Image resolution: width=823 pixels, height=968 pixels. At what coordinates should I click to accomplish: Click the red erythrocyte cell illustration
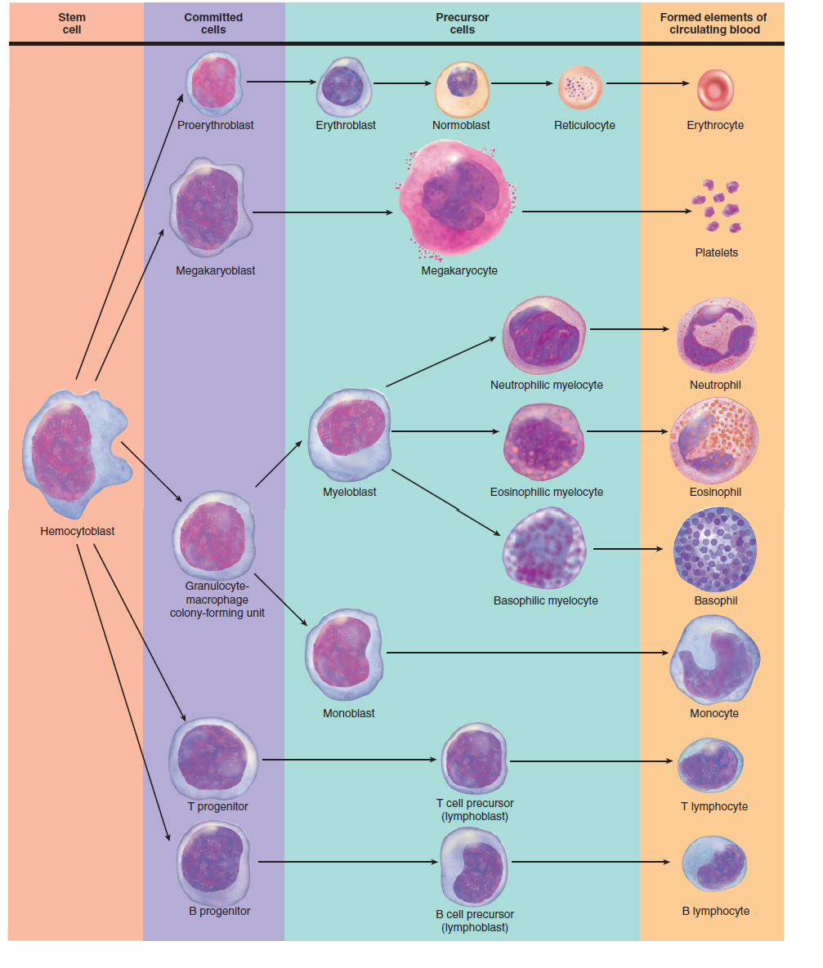pos(715,89)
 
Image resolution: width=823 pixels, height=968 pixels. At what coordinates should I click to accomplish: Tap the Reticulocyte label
pos(584,125)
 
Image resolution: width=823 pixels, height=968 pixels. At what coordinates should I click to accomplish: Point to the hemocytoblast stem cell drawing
pos(72,452)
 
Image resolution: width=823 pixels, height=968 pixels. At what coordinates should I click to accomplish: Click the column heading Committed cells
pos(213,23)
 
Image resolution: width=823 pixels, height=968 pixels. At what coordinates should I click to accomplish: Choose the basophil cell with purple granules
pos(715,549)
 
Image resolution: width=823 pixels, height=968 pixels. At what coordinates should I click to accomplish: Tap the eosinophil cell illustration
pos(714,440)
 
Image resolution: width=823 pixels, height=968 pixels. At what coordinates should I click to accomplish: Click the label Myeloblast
pos(350,492)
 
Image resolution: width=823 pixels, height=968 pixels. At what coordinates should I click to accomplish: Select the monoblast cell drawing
pos(345,654)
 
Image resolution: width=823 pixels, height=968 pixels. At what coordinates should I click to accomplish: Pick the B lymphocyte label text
pos(715,911)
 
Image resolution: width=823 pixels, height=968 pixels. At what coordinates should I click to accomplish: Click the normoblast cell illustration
pos(461,87)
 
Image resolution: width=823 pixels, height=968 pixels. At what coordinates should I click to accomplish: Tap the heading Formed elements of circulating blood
pos(713,23)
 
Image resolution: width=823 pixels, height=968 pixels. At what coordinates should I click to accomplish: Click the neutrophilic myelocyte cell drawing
pos(544,336)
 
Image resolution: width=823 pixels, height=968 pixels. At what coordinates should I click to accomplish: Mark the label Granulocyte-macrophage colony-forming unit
pos(217,600)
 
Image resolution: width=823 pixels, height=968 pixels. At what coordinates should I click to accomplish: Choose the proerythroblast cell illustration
pos(215,83)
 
